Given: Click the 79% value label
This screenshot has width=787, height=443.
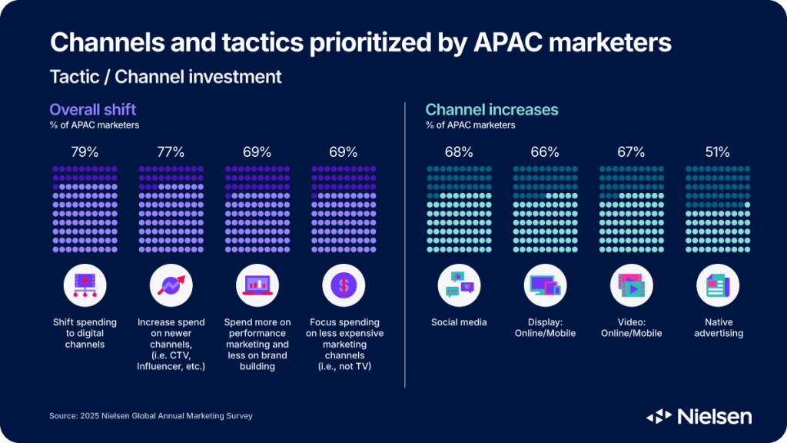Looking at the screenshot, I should pos(85,152).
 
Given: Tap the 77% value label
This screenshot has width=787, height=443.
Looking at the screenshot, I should pos(171,152).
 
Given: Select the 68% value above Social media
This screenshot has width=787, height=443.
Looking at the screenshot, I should pos(459,152).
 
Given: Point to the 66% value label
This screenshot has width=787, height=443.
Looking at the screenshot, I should pos(544,152).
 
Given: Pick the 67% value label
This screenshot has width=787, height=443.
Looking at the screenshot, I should pos(631,152).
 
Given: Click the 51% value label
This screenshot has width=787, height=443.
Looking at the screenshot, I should pos(717,152).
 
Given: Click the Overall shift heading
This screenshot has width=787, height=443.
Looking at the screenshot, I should pos(93,109).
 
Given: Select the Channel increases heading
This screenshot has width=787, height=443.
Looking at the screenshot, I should pos(492,110).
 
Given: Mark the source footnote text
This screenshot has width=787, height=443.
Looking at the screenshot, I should pos(151,416).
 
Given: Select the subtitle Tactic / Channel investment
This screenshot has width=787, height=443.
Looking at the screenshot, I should pos(165,77).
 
